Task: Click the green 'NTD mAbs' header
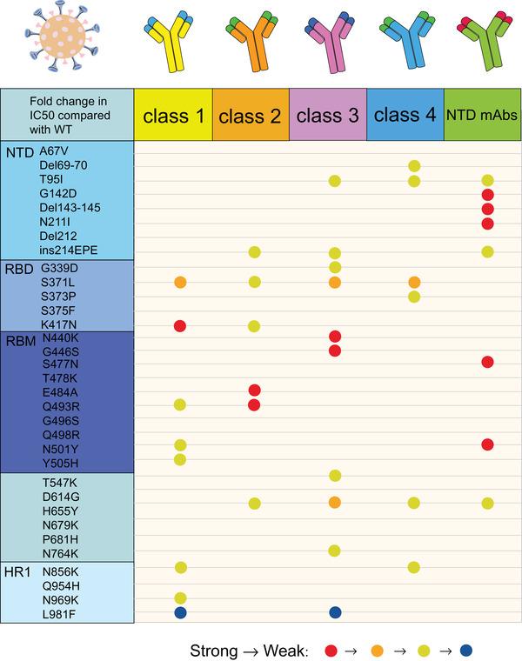coord(482,115)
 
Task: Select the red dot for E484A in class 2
coord(255,390)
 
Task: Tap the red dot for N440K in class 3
coord(335,336)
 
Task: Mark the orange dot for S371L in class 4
coord(414,282)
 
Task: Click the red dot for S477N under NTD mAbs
coord(487,361)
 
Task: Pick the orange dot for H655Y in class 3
coord(335,502)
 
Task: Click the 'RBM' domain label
coord(19,340)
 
